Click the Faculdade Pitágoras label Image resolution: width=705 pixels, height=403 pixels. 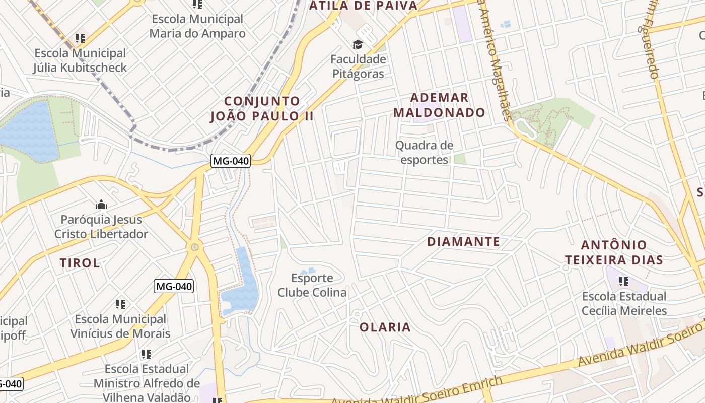[x=358, y=66]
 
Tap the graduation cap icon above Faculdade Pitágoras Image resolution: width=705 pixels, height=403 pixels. [x=358, y=45]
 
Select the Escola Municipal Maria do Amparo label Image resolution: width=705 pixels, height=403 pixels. [x=197, y=26]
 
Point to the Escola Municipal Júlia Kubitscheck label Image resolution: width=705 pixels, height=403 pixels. [x=80, y=60]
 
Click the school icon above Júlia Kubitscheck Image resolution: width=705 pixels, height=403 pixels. [x=80, y=38]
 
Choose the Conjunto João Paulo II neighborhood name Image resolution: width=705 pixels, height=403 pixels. [x=262, y=109]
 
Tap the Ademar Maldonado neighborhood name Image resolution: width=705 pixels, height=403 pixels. [x=439, y=105]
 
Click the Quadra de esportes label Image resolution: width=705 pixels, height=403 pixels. [x=424, y=153]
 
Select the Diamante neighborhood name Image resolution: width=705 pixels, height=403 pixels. [x=463, y=242]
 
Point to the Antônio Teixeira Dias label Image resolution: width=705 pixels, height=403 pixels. [x=613, y=252]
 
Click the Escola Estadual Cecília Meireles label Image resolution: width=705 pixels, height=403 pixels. [x=624, y=303]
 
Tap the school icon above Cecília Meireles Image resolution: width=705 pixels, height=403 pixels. [x=624, y=281]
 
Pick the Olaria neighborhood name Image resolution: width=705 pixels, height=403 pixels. [x=385, y=327]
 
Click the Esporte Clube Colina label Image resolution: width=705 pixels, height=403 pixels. [x=312, y=285]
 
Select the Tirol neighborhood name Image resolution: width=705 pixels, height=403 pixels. [x=80, y=263]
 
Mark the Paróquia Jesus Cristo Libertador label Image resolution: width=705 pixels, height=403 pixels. [x=101, y=227]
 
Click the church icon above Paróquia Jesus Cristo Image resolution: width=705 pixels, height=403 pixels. [x=101, y=205]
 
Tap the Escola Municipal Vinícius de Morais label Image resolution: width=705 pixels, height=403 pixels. [x=120, y=326]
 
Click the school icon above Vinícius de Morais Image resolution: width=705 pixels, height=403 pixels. [x=120, y=304]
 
